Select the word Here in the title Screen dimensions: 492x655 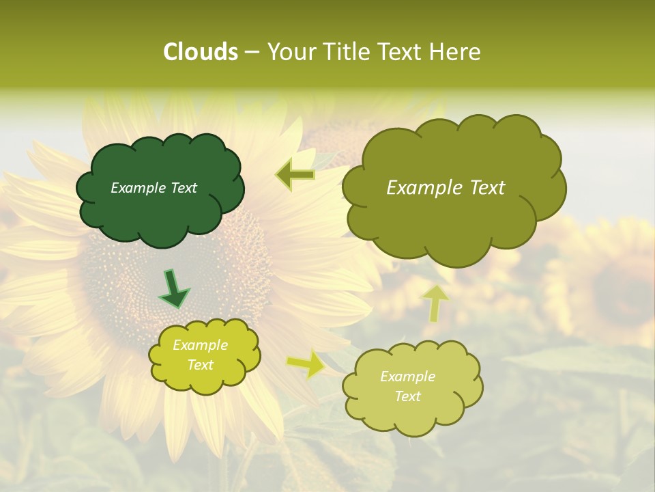click(456, 52)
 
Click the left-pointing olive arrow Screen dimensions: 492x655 click(296, 175)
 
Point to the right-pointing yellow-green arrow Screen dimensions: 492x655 click(306, 364)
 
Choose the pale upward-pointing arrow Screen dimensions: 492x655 click(436, 302)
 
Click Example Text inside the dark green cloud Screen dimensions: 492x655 click(154, 188)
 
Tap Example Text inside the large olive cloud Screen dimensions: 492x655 click(446, 188)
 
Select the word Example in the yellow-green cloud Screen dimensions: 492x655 click(200, 345)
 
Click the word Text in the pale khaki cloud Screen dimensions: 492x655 click(407, 396)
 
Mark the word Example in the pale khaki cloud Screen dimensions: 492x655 click(407, 377)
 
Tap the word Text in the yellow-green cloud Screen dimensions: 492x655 click(200, 365)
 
